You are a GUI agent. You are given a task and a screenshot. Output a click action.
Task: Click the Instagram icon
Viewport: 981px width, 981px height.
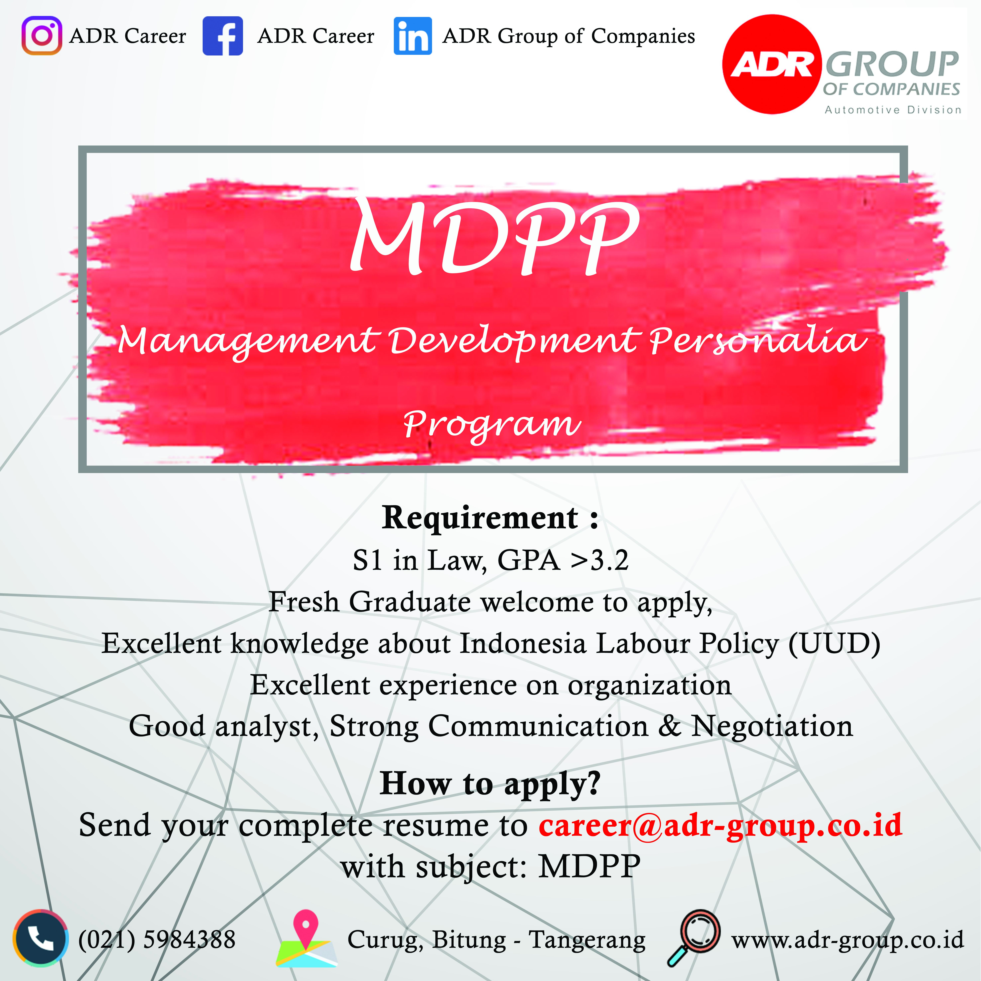pyautogui.click(x=42, y=36)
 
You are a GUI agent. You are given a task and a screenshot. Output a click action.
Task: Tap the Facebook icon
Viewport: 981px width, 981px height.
pyautogui.click(x=222, y=36)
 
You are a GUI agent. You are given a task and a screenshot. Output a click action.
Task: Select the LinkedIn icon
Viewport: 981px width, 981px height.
pyautogui.click(x=413, y=36)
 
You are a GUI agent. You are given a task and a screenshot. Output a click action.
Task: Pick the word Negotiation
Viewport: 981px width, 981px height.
pyautogui.click(x=772, y=726)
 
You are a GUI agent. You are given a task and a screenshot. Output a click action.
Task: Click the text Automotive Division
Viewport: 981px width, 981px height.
pyautogui.click(x=893, y=110)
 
